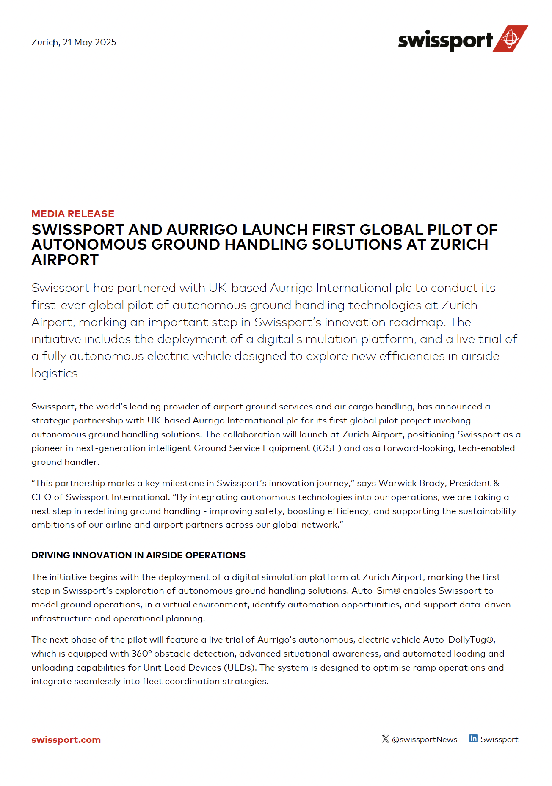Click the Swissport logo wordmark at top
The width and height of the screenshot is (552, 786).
[445, 41]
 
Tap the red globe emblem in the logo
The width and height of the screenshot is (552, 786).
[511, 38]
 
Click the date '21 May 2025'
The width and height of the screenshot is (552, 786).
[90, 42]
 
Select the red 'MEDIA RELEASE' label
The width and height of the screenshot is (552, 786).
[73, 214]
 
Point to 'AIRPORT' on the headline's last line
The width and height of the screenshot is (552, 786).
[65, 260]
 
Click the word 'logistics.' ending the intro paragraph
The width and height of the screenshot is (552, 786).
[55, 374]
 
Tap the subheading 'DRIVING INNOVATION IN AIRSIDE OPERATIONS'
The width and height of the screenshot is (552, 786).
[138, 555]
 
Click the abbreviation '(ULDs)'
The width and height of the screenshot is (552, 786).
[240, 668]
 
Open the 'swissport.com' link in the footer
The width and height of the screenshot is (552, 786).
[66, 740]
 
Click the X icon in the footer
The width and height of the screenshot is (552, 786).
[385, 739]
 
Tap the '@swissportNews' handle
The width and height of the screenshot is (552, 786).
[425, 739]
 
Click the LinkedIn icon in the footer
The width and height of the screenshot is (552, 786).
[473, 739]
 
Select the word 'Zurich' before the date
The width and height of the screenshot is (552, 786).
[45, 42]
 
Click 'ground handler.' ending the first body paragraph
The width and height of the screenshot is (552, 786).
[65, 462]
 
